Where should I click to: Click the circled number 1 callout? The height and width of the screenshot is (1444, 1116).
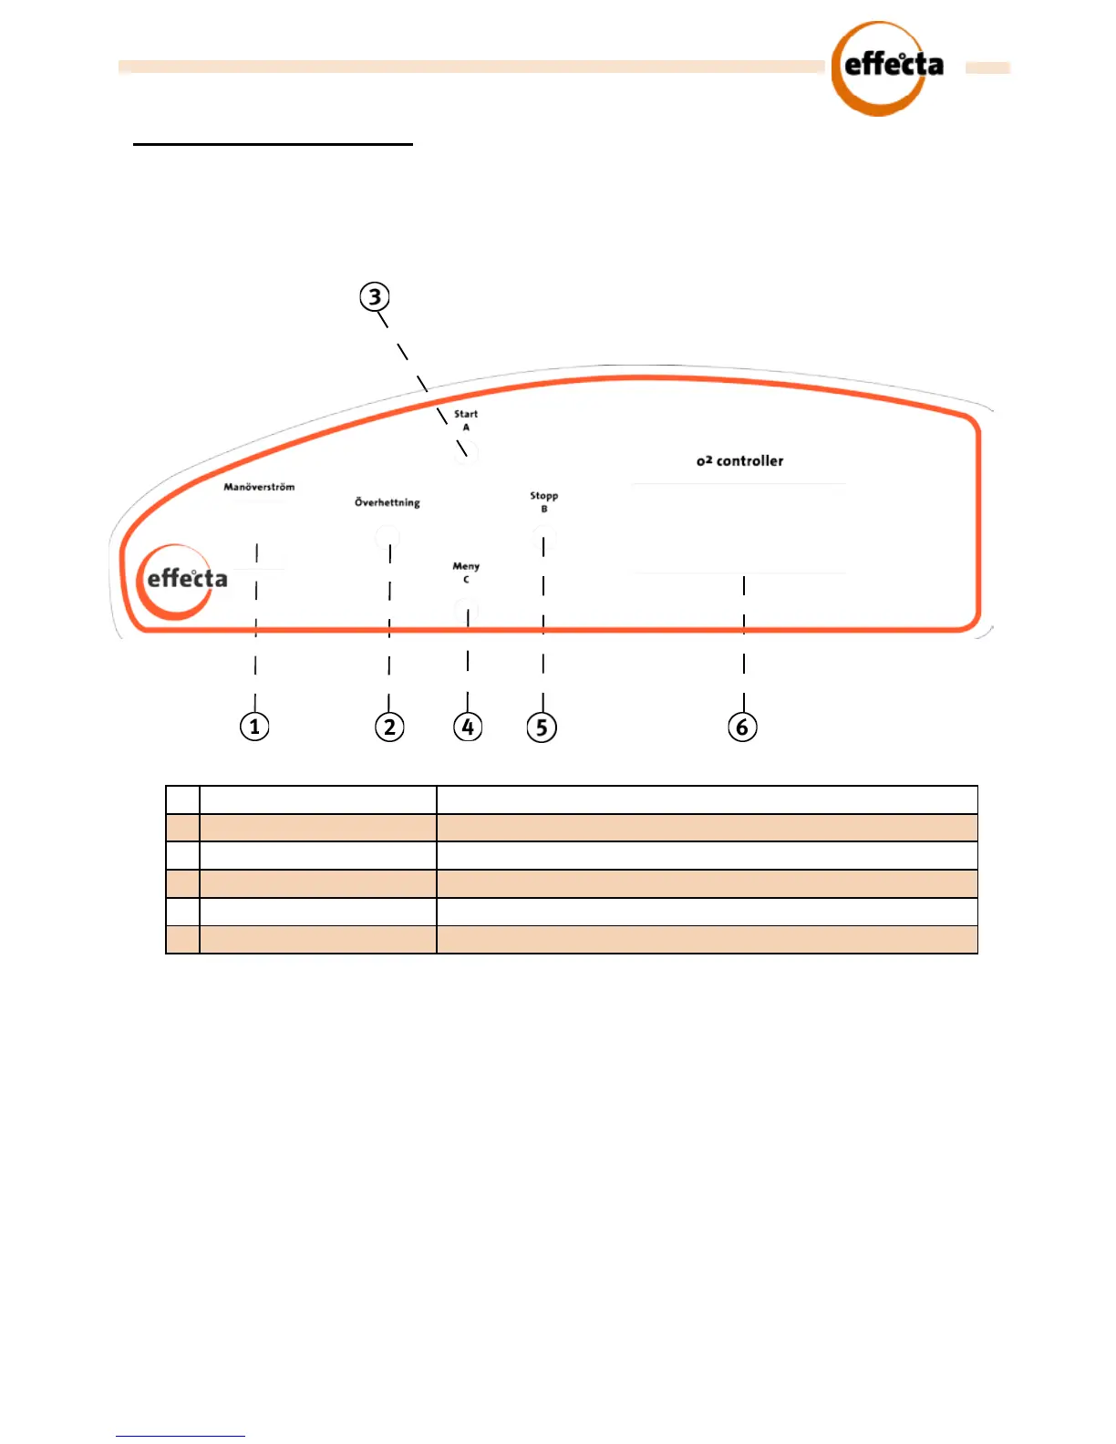254,727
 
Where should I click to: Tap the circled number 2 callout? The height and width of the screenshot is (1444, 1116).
389,727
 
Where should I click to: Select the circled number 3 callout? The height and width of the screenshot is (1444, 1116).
375,297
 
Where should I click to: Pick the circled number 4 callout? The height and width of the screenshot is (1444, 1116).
468,727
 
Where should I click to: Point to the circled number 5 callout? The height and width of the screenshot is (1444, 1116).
542,727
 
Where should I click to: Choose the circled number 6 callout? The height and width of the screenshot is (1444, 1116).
742,727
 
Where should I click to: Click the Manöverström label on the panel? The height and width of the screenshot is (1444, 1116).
259,487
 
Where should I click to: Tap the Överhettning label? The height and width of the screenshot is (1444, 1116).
387,502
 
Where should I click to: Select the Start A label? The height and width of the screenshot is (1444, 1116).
466,419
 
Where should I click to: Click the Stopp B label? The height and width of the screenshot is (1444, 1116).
544,501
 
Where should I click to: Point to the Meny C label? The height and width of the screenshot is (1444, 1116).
466,572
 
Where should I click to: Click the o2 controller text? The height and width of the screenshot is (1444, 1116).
739,461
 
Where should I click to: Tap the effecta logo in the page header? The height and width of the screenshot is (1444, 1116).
887,68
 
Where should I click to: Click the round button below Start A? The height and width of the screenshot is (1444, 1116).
467,452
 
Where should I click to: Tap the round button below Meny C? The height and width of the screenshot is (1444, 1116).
466,609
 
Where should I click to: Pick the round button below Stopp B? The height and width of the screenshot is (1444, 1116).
544,539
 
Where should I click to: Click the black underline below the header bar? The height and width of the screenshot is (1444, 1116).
273,144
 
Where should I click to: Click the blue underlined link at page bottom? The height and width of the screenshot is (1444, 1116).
181,1436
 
